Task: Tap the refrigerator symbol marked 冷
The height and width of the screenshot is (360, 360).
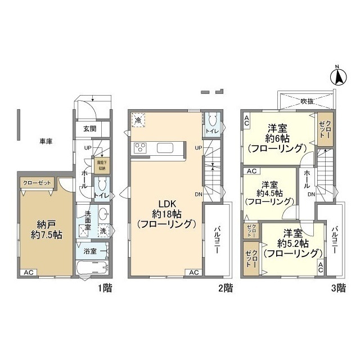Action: pyautogui.click(x=138, y=120)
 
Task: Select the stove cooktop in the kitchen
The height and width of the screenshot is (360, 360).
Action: pyautogui.click(x=140, y=148)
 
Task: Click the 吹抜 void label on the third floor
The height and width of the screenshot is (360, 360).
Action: pyautogui.click(x=307, y=101)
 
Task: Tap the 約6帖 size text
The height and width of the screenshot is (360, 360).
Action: pyautogui.click(x=276, y=138)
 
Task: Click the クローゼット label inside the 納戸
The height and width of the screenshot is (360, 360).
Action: pyautogui.click(x=37, y=182)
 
